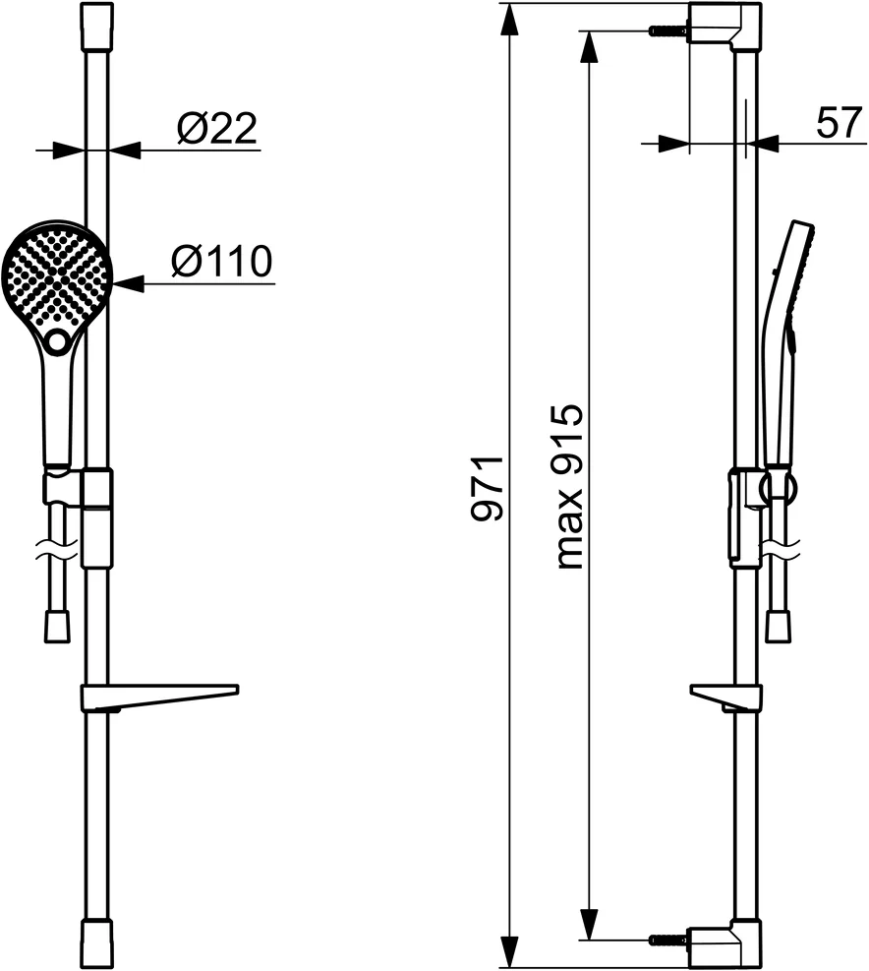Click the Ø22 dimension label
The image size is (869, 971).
pos(216,129)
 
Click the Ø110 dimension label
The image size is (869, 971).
pos(221,262)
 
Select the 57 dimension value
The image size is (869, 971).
pos(839,123)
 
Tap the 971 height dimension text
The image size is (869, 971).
pos(488,488)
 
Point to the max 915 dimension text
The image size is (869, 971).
pos(569,487)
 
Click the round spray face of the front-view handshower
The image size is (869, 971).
pos(57,274)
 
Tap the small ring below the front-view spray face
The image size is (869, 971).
pos(57,341)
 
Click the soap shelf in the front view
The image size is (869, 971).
pos(159,697)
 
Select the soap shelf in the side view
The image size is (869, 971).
pos(725,698)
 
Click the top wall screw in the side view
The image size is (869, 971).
pos(668,30)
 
